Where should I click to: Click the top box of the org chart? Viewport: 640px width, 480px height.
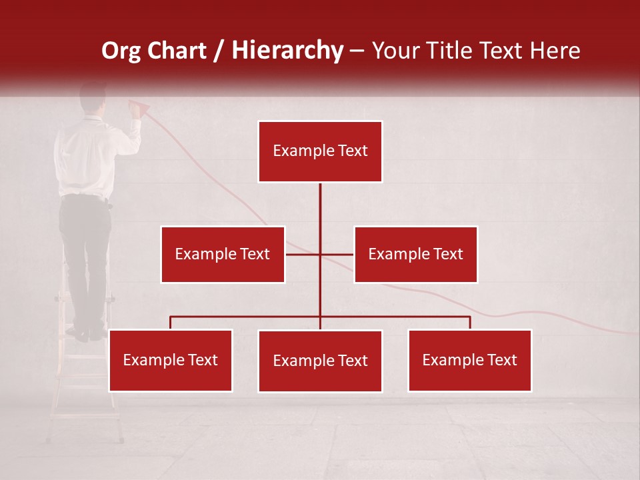[320, 151]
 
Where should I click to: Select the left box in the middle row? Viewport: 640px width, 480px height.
[223, 254]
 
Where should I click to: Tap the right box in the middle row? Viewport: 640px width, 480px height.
[415, 254]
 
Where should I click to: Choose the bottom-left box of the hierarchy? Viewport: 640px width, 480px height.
[170, 360]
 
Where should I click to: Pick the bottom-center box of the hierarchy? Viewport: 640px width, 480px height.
[320, 361]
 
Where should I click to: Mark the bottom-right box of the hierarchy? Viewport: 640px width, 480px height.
[469, 360]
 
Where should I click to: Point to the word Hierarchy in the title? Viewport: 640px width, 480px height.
[287, 51]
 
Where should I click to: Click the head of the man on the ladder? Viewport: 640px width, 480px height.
[93, 97]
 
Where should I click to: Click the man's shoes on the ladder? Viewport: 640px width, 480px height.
[87, 333]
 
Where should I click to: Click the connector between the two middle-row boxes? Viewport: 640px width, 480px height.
[320, 254]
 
